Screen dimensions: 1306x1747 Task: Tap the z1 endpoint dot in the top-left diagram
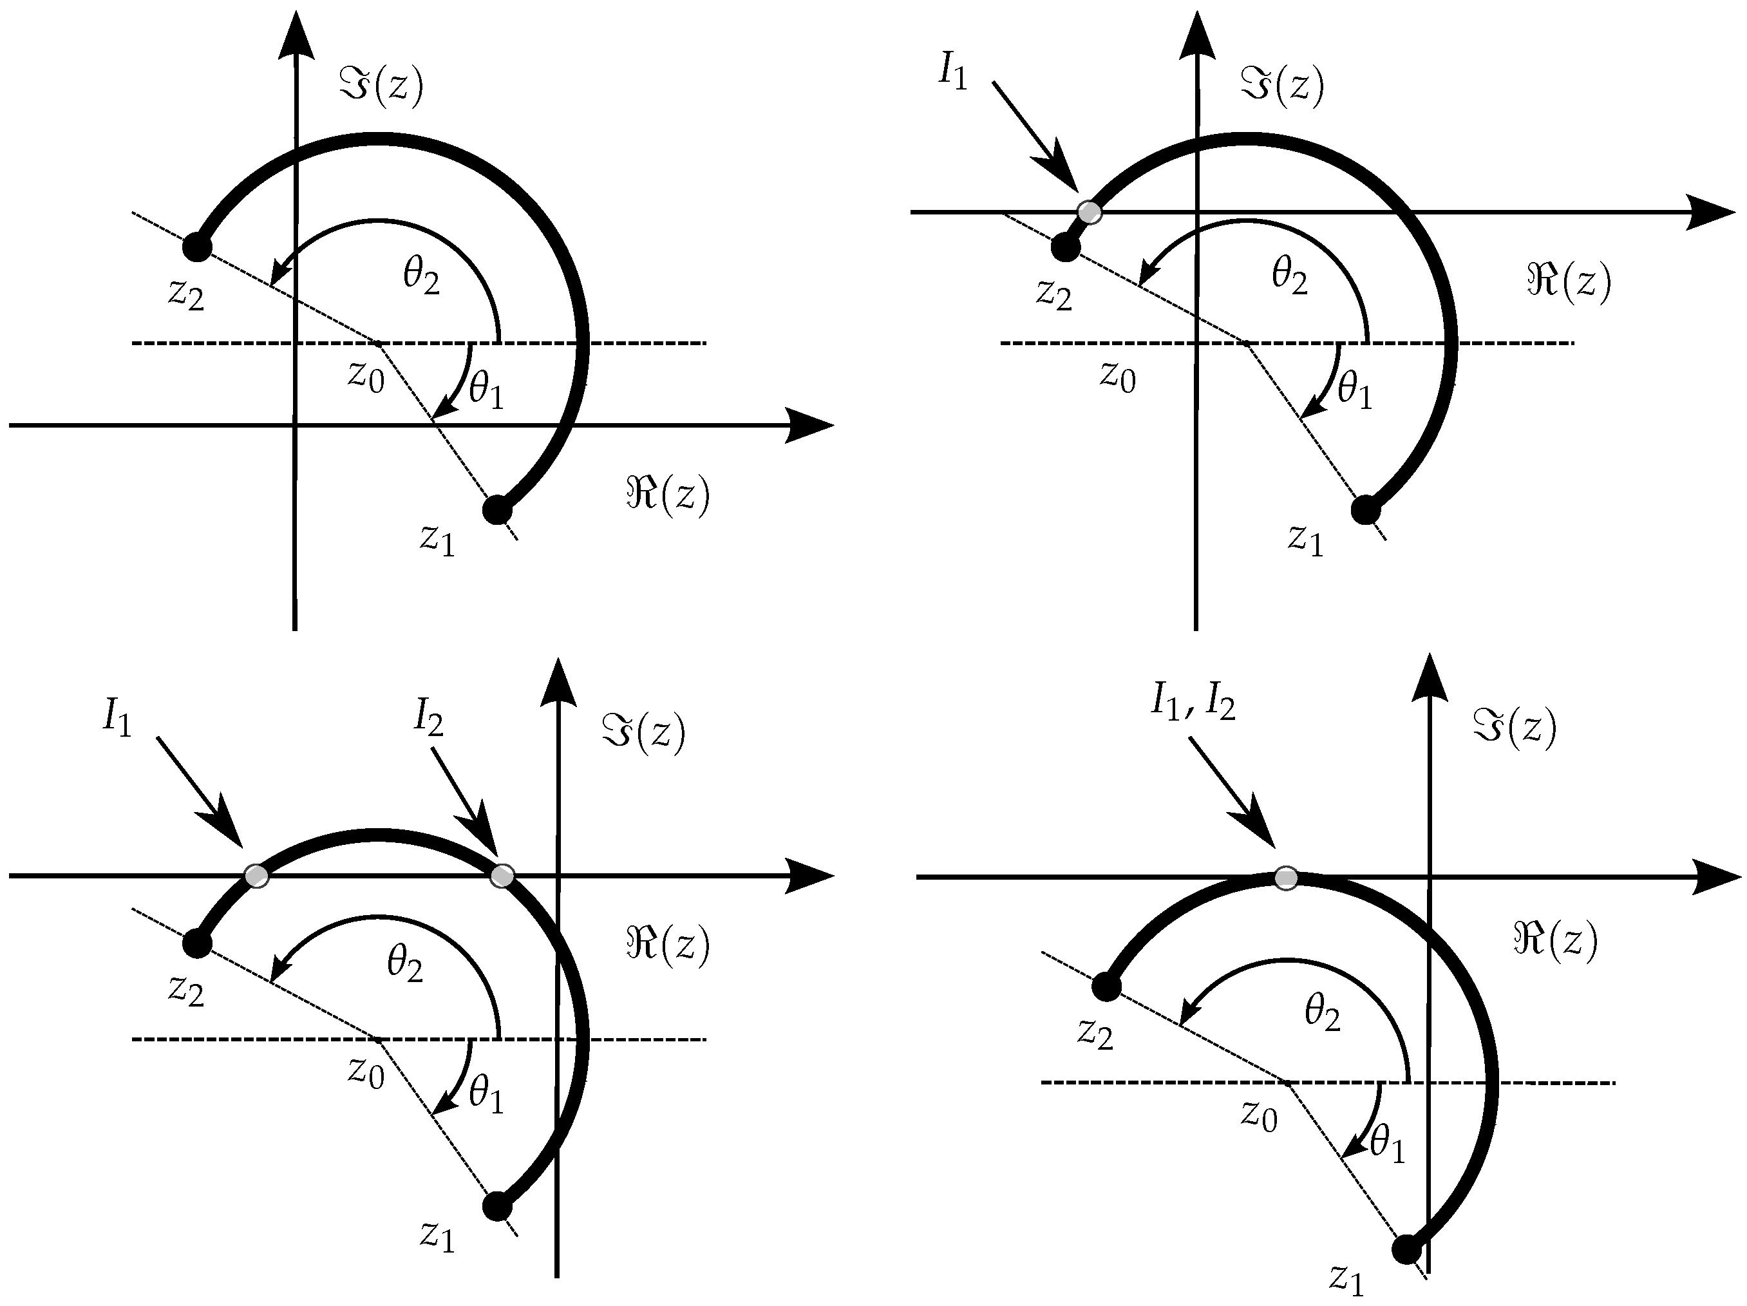click(x=496, y=509)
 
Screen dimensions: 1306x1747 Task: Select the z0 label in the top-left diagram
click(x=366, y=377)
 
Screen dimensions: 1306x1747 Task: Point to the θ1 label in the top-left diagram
click(x=486, y=390)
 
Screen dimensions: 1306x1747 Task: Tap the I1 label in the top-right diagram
click(x=953, y=73)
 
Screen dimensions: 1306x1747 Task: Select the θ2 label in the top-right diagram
click(x=1289, y=276)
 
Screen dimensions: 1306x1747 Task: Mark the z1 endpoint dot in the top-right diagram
click(x=1366, y=509)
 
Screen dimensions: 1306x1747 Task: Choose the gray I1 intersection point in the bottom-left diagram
click(x=257, y=875)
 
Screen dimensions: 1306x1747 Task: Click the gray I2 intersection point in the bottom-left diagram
click(x=502, y=875)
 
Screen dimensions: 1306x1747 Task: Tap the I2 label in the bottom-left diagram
click(x=429, y=718)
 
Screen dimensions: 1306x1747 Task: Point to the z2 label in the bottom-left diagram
click(x=186, y=990)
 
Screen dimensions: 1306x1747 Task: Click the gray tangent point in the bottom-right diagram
click(x=1287, y=878)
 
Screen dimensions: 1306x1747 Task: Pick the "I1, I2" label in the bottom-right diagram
click(x=1193, y=701)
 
